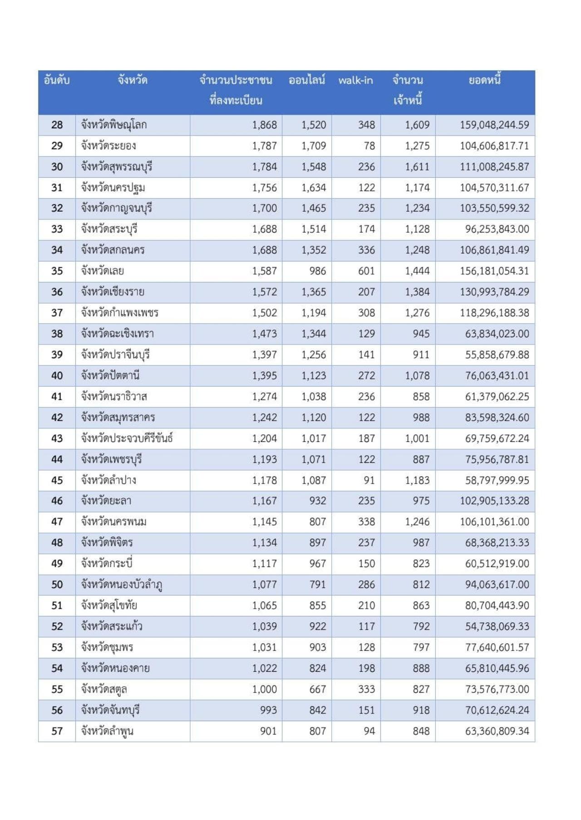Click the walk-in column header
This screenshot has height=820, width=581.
[x=355, y=81]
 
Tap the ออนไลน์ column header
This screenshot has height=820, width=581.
[x=307, y=81]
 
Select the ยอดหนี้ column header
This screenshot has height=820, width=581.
[x=484, y=81]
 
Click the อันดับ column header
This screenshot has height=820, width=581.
[x=57, y=81]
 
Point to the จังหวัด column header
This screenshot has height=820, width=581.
[x=133, y=81]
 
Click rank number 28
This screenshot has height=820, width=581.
[x=57, y=125]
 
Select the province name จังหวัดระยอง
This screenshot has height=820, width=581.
[x=108, y=146]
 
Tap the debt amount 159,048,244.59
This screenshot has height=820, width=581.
[x=494, y=125]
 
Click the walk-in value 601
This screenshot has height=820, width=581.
[x=366, y=271]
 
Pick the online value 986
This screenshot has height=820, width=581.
[x=317, y=271]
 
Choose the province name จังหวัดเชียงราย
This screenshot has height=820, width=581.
[x=113, y=292]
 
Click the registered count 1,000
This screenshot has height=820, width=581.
[x=264, y=689]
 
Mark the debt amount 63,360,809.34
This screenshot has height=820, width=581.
[x=497, y=731]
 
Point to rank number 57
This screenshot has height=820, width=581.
[x=57, y=731]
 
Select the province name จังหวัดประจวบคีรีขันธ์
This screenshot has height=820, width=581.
[x=127, y=438]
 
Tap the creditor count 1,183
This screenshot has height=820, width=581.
[x=417, y=480]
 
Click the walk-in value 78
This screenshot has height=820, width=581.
[x=369, y=146]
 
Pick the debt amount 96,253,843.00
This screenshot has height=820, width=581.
[x=497, y=229]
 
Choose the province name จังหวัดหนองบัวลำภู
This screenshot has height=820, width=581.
[x=122, y=585]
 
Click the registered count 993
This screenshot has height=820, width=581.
[x=268, y=710]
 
